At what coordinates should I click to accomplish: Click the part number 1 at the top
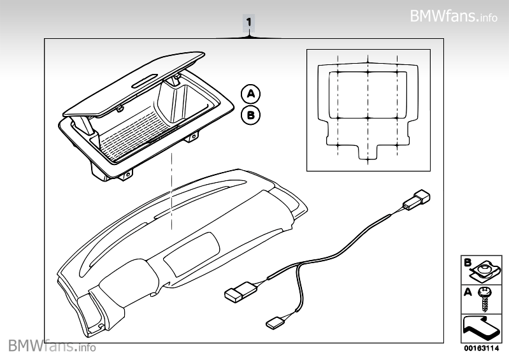click(248, 23)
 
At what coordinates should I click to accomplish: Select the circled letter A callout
click(250, 94)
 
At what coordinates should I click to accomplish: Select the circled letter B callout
click(250, 115)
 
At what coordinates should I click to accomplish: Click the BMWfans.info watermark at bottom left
click(52, 347)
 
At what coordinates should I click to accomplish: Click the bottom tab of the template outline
click(368, 153)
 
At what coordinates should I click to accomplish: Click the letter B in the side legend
click(467, 262)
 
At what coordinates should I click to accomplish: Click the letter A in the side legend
click(467, 292)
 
